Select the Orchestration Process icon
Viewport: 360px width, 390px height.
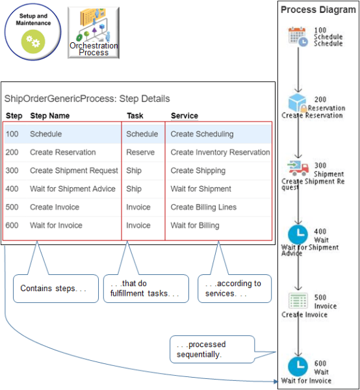click(x=94, y=32)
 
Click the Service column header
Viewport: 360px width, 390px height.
click(x=185, y=116)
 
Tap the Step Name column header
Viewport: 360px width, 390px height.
click(x=49, y=116)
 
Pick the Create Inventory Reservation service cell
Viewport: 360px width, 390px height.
click(x=220, y=152)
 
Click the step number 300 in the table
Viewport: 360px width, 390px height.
click(x=13, y=170)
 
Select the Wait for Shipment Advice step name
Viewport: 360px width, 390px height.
click(x=72, y=189)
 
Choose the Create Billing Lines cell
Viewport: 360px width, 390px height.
click(x=203, y=207)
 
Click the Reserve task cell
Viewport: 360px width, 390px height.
click(x=140, y=152)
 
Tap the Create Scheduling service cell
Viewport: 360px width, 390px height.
click(x=201, y=134)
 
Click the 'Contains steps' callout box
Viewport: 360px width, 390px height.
click(x=54, y=288)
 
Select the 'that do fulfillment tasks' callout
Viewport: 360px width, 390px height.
click(x=145, y=288)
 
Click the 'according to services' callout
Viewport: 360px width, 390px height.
click(x=235, y=288)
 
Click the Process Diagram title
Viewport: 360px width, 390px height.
click(x=316, y=10)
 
